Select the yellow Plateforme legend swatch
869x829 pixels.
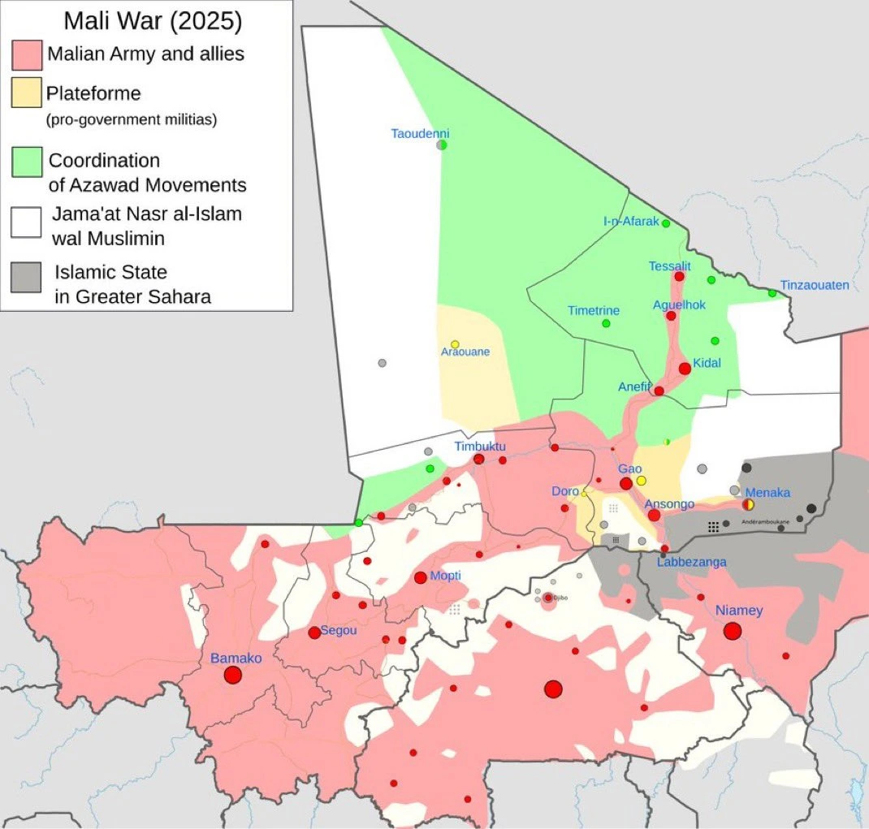(x=27, y=93)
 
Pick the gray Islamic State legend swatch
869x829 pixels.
(x=27, y=277)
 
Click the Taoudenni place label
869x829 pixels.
(x=420, y=133)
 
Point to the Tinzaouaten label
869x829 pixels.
(x=814, y=285)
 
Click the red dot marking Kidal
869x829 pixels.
(x=685, y=369)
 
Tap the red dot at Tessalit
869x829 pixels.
(x=679, y=277)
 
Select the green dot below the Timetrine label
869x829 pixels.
(x=606, y=323)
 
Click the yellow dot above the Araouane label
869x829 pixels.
(x=455, y=344)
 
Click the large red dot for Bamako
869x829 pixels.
(x=233, y=675)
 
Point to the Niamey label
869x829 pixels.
(x=739, y=611)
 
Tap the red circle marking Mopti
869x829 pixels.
(x=421, y=578)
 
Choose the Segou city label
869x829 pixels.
(x=339, y=630)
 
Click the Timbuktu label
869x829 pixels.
(x=479, y=447)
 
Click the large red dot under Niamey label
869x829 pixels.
(x=733, y=631)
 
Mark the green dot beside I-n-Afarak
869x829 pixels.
(x=666, y=223)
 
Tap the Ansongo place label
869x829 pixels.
(x=669, y=504)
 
